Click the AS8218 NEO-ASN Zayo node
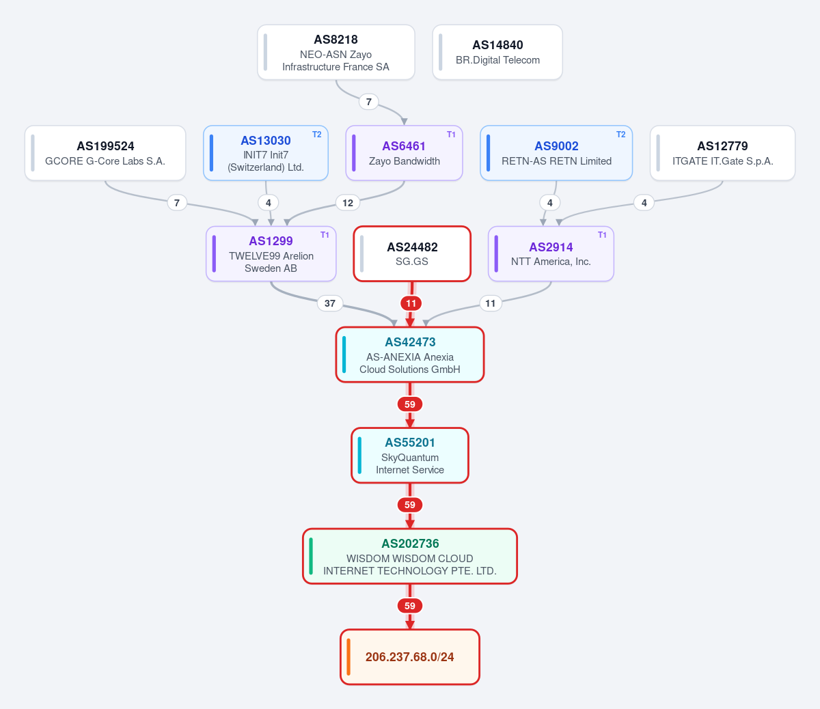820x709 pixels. (x=336, y=53)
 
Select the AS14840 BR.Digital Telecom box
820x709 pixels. (x=497, y=53)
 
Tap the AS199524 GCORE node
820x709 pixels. (x=105, y=153)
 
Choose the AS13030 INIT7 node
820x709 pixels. (x=266, y=153)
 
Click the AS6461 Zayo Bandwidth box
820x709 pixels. (x=405, y=153)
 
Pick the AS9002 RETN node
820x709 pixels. (x=556, y=153)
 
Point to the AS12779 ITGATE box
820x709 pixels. (x=722, y=153)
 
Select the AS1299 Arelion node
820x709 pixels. (x=271, y=254)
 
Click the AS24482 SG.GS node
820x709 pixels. (x=412, y=254)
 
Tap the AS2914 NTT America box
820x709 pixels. (x=551, y=254)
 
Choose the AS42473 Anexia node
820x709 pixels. (x=410, y=354)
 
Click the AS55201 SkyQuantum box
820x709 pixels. (x=410, y=455)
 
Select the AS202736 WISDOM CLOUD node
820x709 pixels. (x=410, y=556)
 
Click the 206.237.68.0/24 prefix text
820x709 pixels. (x=410, y=657)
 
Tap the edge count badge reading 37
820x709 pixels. (x=329, y=303)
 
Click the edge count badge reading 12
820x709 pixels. (x=348, y=203)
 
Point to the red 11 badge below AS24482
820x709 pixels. (x=411, y=303)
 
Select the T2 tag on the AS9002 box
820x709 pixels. (x=621, y=135)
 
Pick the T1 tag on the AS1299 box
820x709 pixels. (x=325, y=235)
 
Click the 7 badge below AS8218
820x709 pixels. (x=369, y=102)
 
